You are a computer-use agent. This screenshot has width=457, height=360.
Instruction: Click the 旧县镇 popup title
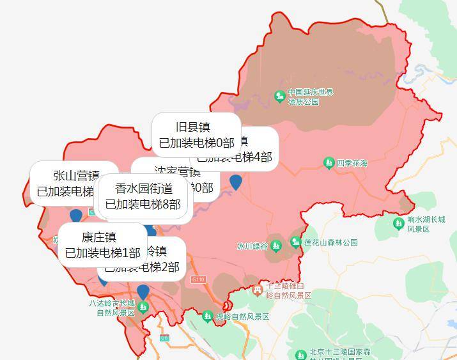coord(196,126)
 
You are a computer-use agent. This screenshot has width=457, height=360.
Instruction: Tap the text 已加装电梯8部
coord(143,205)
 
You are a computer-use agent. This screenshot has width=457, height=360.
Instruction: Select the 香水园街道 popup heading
coord(144,188)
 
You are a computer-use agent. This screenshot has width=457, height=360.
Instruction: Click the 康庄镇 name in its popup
coord(99,236)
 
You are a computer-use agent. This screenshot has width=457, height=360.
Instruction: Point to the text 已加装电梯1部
coord(102,253)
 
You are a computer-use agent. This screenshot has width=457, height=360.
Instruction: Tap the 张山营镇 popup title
coord(76,175)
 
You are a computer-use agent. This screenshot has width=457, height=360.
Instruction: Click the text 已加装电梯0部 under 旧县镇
coord(196,143)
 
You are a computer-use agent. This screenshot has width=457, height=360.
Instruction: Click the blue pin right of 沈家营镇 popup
coord(236,182)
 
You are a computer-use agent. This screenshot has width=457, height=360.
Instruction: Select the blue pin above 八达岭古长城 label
coord(143,291)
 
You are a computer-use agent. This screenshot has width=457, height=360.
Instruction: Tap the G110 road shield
coord(198,279)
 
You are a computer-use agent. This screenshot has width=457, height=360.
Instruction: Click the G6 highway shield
coord(164,337)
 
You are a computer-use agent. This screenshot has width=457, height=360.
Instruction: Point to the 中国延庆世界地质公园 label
coord(311,97)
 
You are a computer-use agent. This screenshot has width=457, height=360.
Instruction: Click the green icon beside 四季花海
coord(329,163)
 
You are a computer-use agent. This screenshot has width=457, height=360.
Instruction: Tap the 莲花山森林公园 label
coord(330,242)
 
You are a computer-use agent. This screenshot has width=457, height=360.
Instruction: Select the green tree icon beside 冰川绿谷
coord(276,246)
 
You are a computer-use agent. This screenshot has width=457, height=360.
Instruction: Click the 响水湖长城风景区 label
coord(428,224)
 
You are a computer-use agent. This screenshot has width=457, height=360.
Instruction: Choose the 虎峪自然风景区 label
coord(242,317)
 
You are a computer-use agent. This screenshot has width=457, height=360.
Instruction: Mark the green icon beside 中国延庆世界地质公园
coord(279,97)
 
